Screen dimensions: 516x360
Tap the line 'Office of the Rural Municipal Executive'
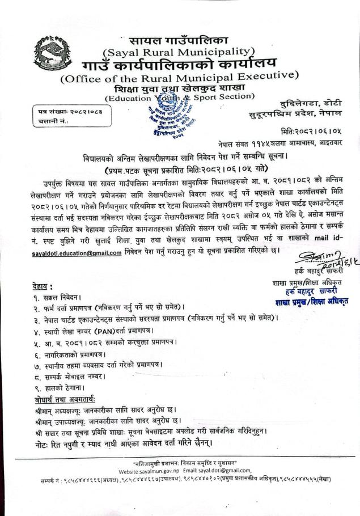179,78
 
